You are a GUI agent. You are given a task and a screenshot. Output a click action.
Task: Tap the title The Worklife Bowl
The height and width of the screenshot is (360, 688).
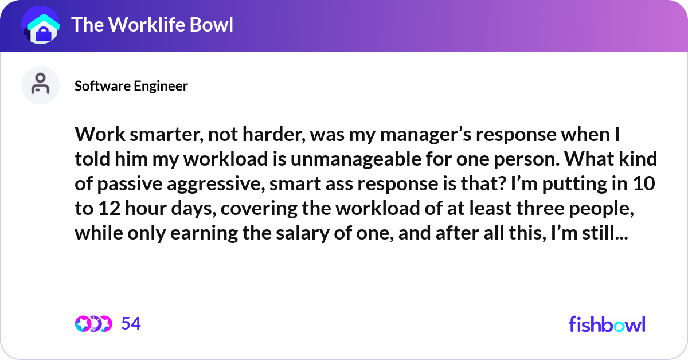[x=152, y=25]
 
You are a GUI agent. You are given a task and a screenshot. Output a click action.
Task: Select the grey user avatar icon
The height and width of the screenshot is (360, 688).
[x=40, y=85]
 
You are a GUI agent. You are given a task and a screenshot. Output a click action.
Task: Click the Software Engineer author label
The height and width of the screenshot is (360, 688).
[x=131, y=86]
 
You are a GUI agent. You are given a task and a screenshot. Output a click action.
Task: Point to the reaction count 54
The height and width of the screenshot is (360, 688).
[x=131, y=324]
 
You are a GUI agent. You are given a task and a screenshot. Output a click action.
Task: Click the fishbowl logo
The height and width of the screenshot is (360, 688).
[x=607, y=324]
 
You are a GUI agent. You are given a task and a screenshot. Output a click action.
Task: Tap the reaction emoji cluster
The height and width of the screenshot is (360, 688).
[x=93, y=324]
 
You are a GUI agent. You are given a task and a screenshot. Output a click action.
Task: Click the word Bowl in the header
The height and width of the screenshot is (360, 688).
[x=212, y=25]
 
